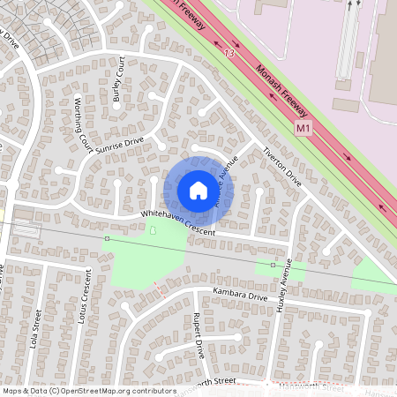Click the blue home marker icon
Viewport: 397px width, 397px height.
click(x=198, y=190)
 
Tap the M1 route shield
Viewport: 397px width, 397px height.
click(x=303, y=128)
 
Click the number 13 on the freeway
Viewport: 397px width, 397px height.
click(x=230, y=55)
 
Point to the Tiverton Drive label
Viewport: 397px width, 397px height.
click(x=281, y=164)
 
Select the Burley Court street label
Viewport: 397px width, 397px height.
click(x=119, y=79)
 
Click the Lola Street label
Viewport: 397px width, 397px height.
click(x=37, y=329)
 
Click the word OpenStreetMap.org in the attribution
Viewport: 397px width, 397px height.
click(x=101, y=390)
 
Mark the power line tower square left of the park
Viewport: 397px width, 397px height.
click(x=107, y=239)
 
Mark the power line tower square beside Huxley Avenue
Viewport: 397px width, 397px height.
click(x=273, y=265)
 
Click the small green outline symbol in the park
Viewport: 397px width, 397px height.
click(x=154, y=231)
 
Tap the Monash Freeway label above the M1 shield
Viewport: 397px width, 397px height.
click(x=281, y=93)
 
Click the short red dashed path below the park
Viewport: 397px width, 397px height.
click(x=158, y=288)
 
